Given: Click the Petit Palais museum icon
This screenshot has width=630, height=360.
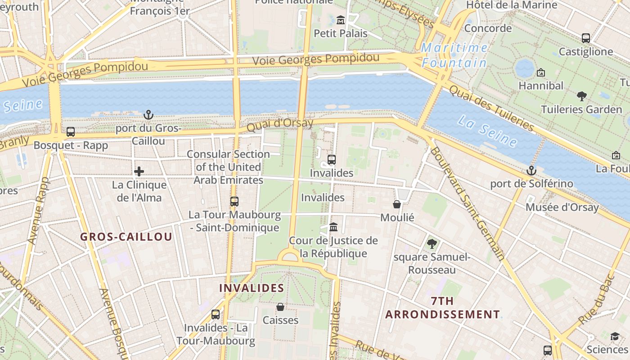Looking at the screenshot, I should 341,20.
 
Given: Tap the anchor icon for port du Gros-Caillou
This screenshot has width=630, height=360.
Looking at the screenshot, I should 148,115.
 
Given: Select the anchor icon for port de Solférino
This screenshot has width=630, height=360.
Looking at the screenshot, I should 531,171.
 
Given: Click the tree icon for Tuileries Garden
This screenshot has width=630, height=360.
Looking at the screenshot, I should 582,96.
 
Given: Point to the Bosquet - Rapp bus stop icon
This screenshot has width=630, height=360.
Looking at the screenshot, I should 71,132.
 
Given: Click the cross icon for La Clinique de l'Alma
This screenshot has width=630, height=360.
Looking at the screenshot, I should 139,171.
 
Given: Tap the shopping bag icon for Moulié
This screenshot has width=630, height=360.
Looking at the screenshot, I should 397,204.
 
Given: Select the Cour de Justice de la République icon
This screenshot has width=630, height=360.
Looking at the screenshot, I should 333,227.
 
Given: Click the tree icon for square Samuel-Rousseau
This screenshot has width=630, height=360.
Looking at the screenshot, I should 432,244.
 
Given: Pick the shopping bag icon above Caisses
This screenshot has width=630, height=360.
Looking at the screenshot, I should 280,307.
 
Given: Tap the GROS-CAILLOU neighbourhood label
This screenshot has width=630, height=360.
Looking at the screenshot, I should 126,237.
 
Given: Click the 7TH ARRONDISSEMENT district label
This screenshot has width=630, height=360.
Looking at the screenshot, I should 442,308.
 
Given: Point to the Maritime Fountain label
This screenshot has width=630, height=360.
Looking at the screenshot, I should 454,55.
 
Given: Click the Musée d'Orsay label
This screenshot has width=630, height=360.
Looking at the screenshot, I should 562,207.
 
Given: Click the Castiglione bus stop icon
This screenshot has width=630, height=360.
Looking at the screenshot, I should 586,38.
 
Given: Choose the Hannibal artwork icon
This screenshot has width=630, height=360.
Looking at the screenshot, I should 541,72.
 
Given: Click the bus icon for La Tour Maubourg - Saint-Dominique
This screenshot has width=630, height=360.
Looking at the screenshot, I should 234,201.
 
